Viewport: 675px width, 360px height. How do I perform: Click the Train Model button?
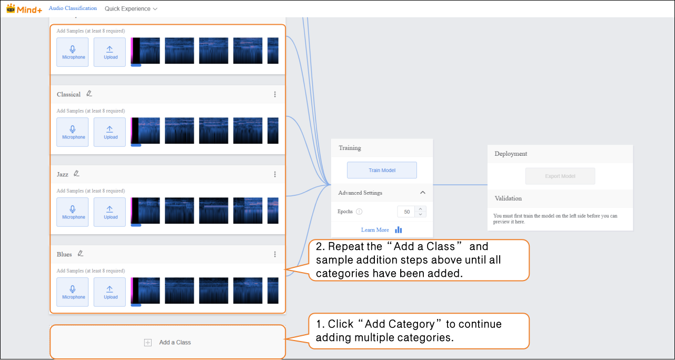coord(382,170)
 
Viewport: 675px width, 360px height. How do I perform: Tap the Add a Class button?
coord(168,342)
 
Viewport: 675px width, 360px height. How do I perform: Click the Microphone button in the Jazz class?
coord(73,212)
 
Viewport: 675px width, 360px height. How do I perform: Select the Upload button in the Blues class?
coord(110,292)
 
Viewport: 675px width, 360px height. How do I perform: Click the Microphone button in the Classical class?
coord(73,132)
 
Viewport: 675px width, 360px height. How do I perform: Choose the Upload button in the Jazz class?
coord(110,212)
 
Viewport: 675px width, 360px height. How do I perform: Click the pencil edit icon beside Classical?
coord(89,94)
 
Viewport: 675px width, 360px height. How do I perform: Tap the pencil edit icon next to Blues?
coord(81,254)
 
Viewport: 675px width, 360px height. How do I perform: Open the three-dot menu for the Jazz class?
coord(275,174)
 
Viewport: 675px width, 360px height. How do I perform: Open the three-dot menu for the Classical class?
coord(275,94)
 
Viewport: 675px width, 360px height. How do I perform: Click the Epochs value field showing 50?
coord(406,212)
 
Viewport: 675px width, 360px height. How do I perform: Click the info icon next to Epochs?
coord(359,212)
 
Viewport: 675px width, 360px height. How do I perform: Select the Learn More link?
coord(375,230)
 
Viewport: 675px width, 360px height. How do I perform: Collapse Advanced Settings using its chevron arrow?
coord(422,193)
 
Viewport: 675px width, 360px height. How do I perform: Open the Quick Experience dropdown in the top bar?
coord(131,9)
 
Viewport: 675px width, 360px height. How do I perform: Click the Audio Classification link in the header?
coord(73,8)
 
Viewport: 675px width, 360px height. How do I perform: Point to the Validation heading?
coord(508,198)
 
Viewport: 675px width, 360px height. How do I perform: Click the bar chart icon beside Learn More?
coord(398,230)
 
